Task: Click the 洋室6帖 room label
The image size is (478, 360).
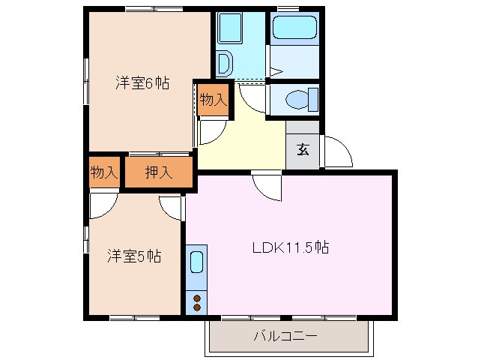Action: click(142, 83)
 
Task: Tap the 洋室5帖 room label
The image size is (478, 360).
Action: click(133, 256)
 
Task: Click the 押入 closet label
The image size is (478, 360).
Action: click(159, 171)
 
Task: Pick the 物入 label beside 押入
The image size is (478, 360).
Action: click(104, 171)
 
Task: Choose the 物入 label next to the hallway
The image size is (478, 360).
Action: click(214, 99)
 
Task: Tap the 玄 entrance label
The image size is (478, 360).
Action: click(303, 148)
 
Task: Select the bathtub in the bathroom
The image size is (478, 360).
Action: click(295, 28)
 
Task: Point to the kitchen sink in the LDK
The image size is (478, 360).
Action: click(196, 262)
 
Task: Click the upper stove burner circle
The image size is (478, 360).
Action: click(197, 298)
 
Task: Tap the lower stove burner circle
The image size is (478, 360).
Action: click(197, 307)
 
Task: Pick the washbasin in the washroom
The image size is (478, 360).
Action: click(224, 63)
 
